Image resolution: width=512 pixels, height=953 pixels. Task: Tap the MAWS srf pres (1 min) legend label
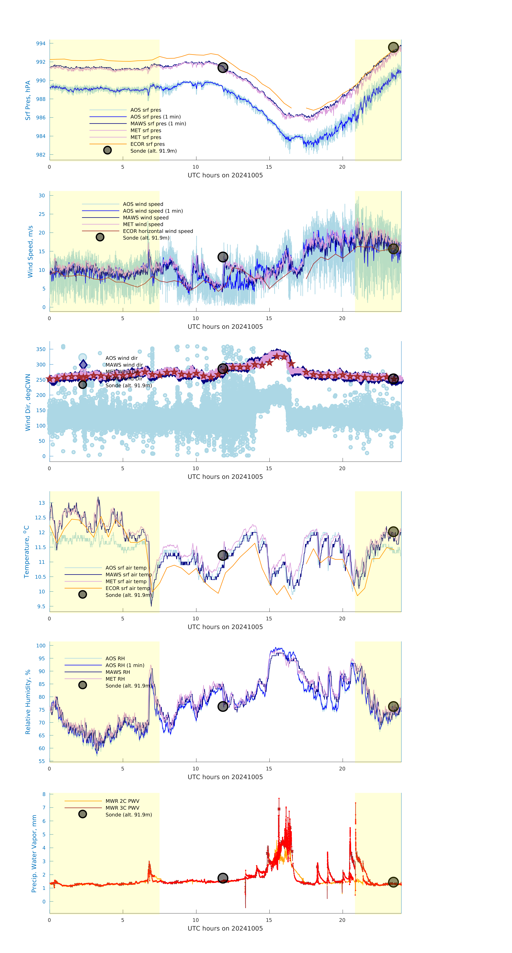point(158,124)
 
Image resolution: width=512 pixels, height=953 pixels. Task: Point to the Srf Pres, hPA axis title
point(28,100)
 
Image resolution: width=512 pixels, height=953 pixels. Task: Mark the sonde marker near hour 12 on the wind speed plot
point(222,257)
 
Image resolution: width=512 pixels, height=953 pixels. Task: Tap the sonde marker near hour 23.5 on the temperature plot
point(393,532)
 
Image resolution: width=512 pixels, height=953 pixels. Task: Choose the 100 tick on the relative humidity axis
point(41,646)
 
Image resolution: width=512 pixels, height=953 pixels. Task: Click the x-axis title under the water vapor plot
point(225,928)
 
